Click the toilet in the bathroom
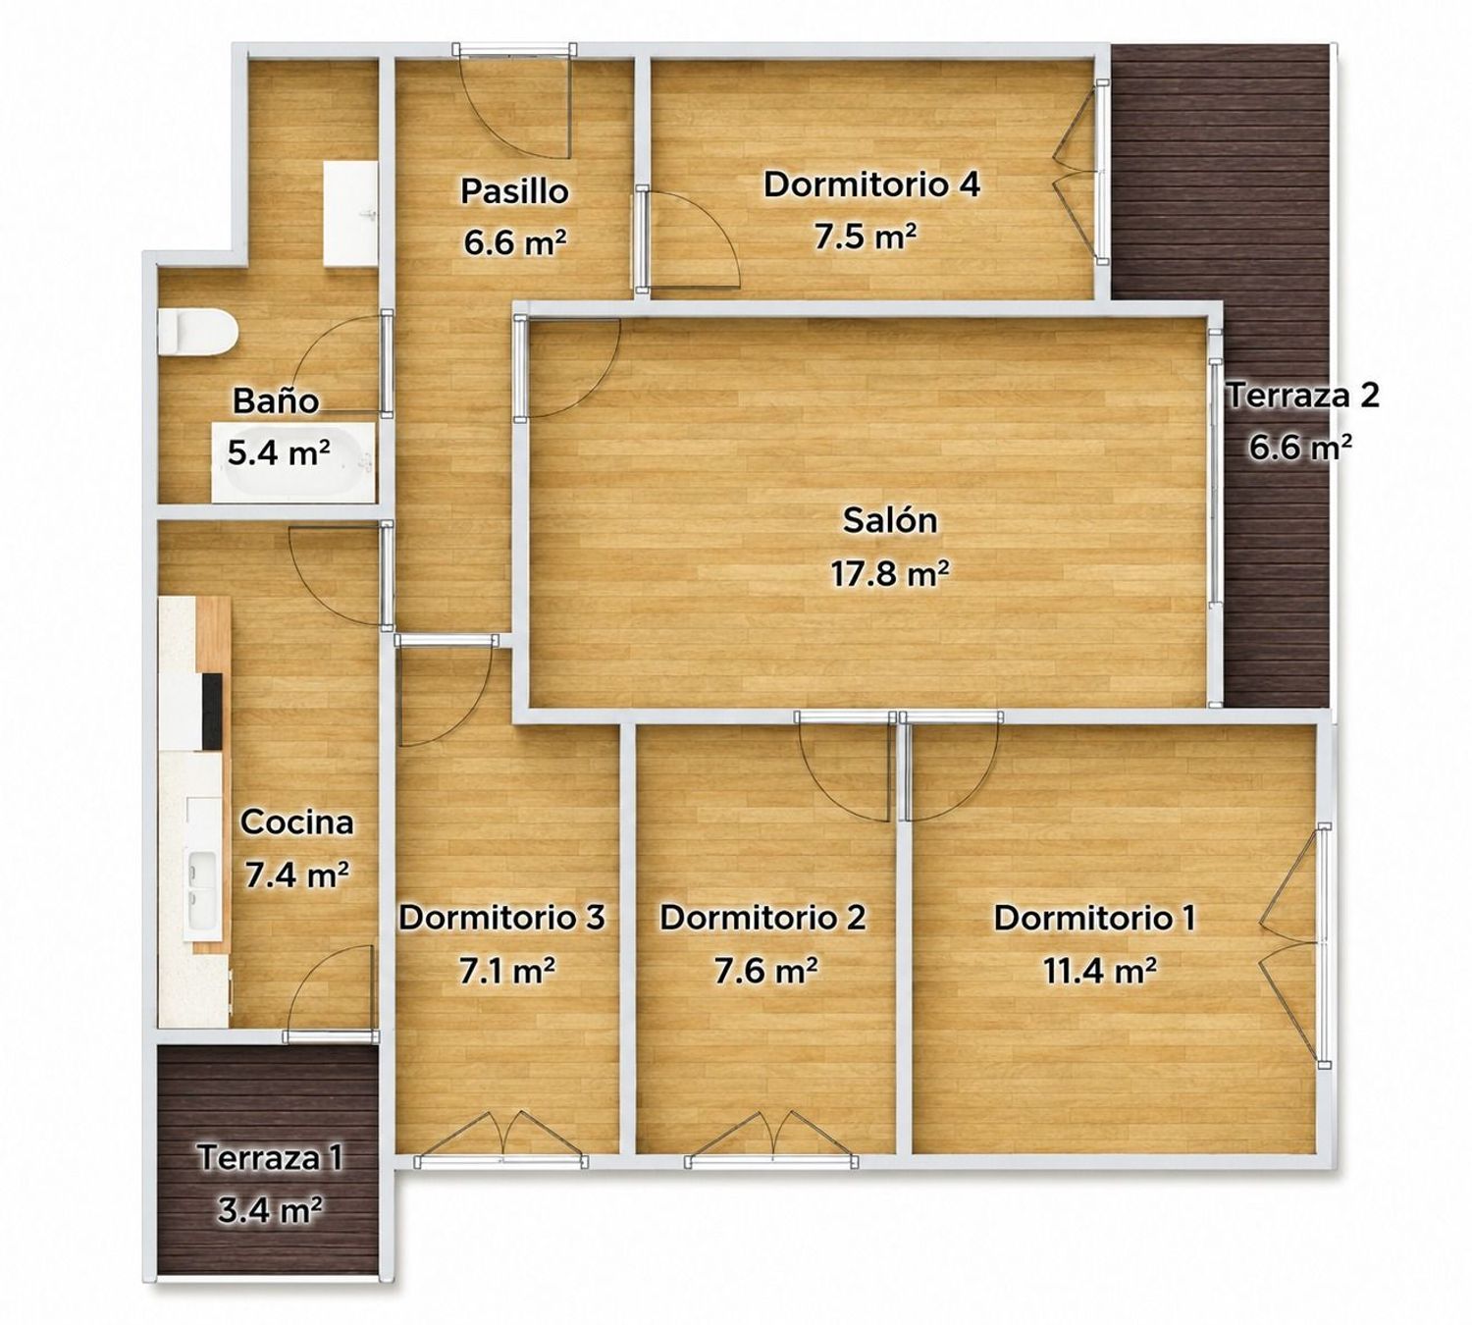click(x=196, y=334)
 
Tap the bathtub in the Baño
click(x=293, y=461)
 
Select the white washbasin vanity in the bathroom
click(x=350, y=214)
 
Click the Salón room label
click(x=889, y=520)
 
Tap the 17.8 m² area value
click(x=889, y=573)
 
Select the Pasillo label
click(x=514, y=191)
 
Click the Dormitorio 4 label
click(x=871, y=185)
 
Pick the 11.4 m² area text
click(x=1100, y=972)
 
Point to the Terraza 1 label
click(x=270, y=1157)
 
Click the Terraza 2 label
click(x=1303, y=396)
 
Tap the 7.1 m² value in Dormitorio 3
click(x=506, y=972)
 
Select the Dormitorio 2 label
click(x=762, y=919)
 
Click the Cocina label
click(x=297, y=822)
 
